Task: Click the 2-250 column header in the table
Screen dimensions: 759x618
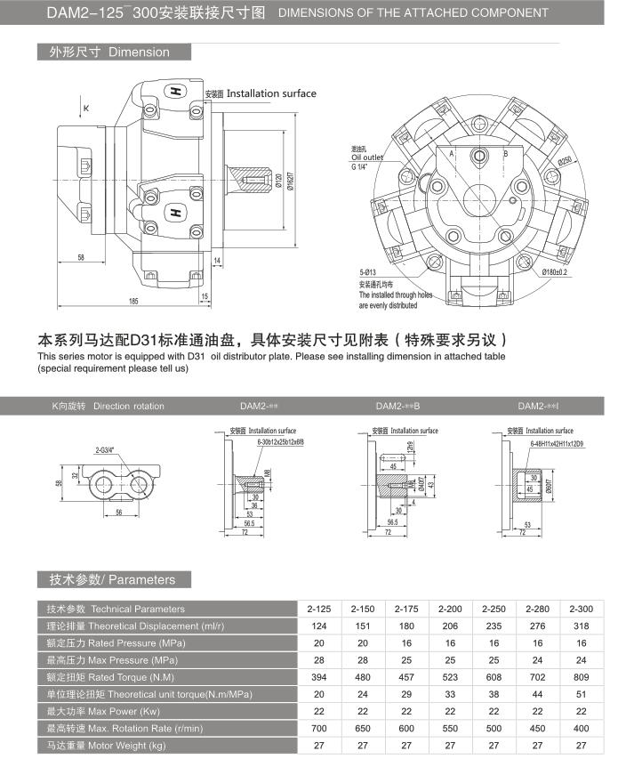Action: click(x=494, y=609)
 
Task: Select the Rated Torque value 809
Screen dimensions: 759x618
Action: click(x=582, y=676)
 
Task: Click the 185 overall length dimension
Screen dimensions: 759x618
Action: click(x=133, y=302)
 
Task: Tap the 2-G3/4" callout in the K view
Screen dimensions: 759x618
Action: click(x=108, y=450)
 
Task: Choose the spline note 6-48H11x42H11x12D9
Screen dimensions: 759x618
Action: click(x=555, y=442)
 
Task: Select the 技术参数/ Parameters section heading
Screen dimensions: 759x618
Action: click(x=107, y=579)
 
